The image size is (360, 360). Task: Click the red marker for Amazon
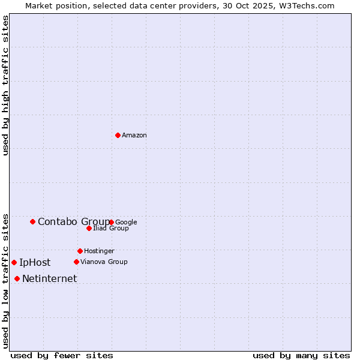118,135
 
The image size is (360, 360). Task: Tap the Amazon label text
134,136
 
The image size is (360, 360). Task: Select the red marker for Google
112,222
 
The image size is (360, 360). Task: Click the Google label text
126,222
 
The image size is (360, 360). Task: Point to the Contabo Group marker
32,221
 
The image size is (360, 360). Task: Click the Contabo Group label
73,222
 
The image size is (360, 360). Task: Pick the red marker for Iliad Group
89,228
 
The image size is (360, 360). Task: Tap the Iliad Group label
111,229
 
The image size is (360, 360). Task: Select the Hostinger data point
80,251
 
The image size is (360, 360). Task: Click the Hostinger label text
99,251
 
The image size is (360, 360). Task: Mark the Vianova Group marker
76,262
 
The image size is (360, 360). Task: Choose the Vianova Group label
104,262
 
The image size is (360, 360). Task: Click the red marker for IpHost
14,262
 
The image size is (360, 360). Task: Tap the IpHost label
35,262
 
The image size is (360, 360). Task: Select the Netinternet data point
17,278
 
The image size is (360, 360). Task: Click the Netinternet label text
49,279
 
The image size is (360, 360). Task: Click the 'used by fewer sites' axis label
62,356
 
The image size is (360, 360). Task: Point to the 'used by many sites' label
301,356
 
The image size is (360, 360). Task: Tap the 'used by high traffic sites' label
5,85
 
